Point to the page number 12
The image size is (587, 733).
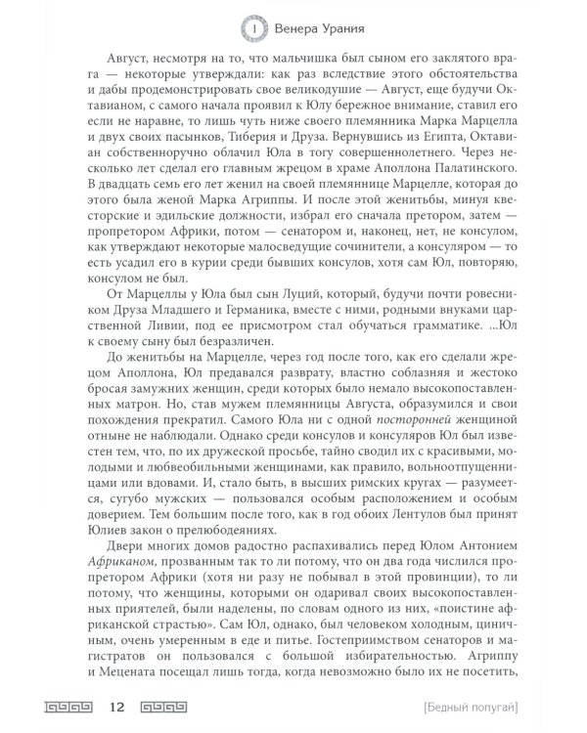(119, 706)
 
